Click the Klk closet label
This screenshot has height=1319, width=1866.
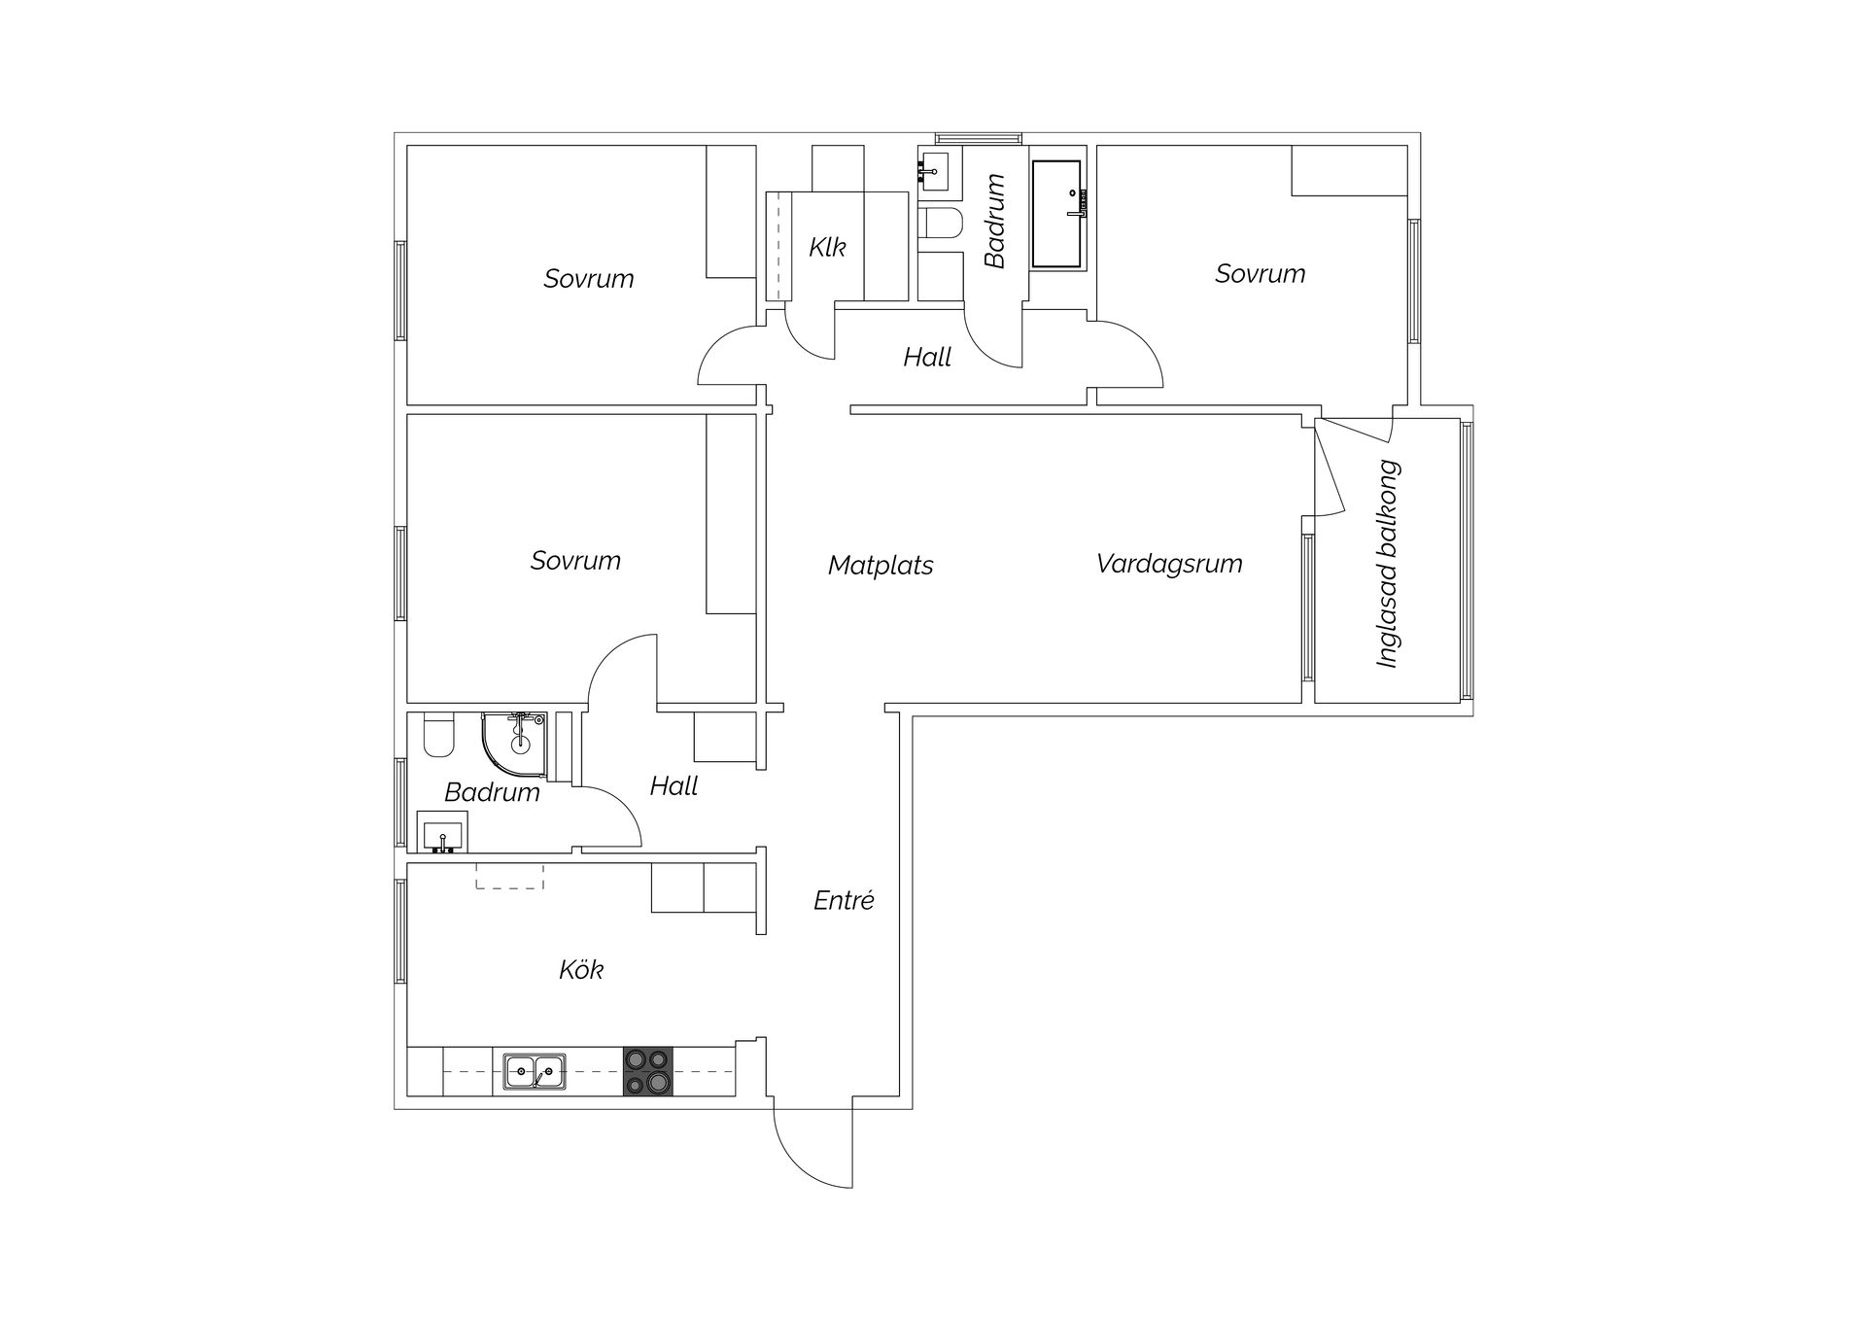[x=827, y=247]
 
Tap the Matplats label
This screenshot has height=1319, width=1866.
[x=880, y=566]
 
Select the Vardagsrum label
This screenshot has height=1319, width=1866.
[x=1168, y=564]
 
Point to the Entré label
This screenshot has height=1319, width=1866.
[x=844, y=901]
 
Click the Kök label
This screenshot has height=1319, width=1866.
[x=580, y=970]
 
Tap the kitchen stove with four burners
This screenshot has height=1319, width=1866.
[x=647, y=1071]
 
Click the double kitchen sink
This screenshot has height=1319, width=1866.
[x=535, y=1072]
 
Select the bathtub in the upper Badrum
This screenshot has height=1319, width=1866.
[x=1056, y=214]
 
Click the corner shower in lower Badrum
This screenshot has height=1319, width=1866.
[x=515, y=746]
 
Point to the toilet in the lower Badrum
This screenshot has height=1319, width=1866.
[x=439, y=737]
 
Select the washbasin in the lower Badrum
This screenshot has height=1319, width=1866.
[x=442, y=833]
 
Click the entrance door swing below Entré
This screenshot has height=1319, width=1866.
[x=812, y=1147]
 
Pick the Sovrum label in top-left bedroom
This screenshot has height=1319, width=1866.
[x=588, y=279]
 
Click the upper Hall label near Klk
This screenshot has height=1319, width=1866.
[x=926, y=358]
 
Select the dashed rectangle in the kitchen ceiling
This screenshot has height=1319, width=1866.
[x=509, y=877]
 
